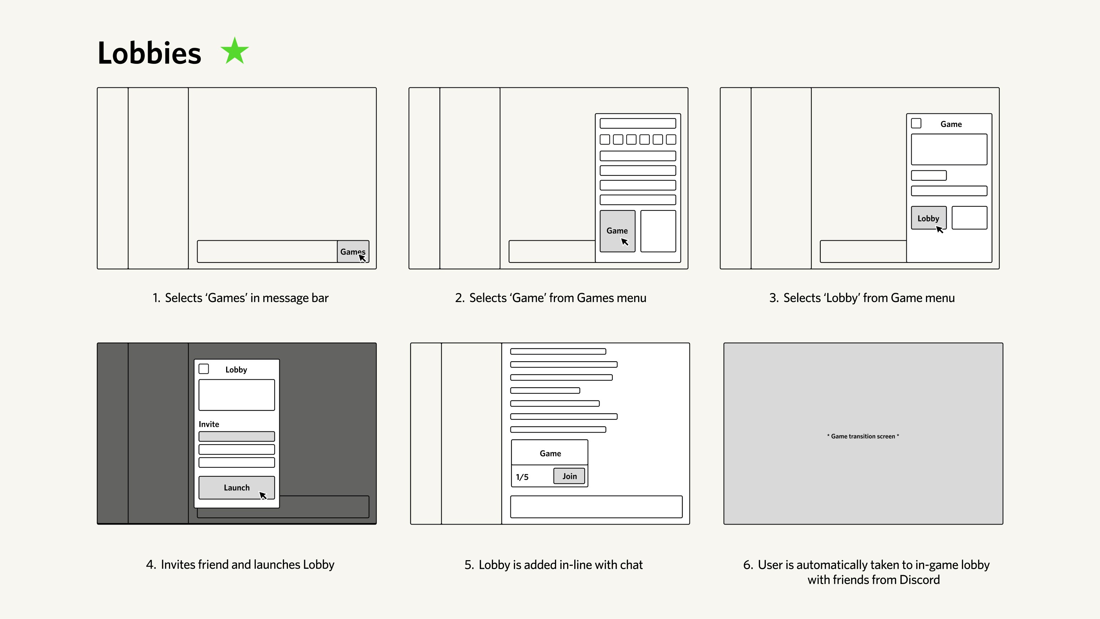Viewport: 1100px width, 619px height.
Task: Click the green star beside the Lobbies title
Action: click(x=234, y=51)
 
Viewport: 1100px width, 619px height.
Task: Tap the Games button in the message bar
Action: click(x=352, y=251)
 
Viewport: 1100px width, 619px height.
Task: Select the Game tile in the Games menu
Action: click(x=617, y=231)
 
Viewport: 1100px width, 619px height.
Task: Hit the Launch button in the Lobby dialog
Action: click(x=236, y=487)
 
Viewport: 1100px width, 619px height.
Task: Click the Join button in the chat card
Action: click(x=569, y=476)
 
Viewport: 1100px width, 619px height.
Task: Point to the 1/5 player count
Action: click(x=522, y=477)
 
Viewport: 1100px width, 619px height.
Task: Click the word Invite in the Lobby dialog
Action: click(x=208, y=424)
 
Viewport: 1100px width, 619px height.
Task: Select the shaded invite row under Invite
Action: click(x=236, y=436)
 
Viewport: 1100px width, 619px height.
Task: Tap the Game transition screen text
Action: click(x=862, y=436)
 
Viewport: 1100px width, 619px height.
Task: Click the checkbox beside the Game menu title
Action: click(x=916, y=123)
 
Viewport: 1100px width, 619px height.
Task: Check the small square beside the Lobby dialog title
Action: click(x=204, y=369)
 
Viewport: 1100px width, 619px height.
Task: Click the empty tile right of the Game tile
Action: click(x=658, y=231)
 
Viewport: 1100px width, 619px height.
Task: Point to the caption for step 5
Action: click(x=554, y=564)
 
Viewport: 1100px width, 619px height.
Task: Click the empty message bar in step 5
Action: click(x=596, y=507)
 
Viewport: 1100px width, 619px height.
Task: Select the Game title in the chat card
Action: click(x=550, y=453)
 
